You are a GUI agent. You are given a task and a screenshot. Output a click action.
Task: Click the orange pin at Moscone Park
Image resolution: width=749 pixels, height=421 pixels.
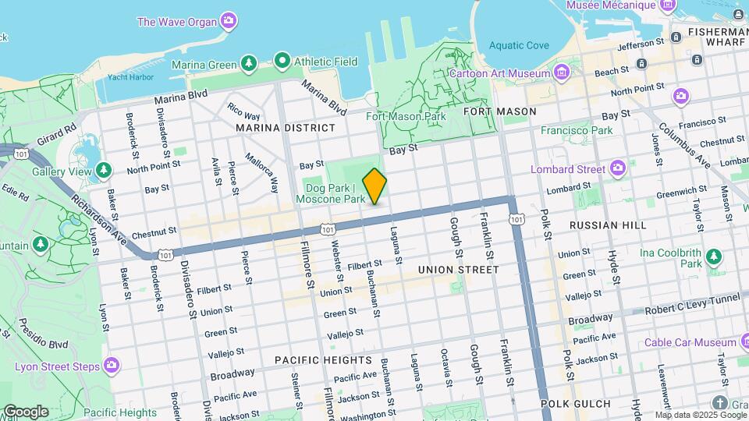point(374,186)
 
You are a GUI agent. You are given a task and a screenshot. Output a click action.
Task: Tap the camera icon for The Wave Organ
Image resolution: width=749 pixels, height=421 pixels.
point(229,20)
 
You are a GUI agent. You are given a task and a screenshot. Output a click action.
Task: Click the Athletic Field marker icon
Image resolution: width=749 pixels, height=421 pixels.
point(282,61)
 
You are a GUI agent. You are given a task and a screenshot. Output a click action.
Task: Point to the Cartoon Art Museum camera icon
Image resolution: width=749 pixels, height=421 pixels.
point(560,73)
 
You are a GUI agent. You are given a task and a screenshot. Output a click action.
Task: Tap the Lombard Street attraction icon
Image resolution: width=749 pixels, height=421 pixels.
point(618,168)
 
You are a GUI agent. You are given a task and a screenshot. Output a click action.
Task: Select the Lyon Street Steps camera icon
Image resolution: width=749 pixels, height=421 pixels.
point(112,365)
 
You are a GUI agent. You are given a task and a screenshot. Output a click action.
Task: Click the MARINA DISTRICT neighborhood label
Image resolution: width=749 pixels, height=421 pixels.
point(285,127)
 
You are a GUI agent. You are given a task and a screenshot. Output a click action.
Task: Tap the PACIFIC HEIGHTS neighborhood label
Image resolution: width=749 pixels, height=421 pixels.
point(323,360)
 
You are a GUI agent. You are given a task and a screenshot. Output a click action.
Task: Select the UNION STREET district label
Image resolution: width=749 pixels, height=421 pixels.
point(458,270)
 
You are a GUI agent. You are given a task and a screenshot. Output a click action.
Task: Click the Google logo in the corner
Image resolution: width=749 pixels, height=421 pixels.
point(26,412)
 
